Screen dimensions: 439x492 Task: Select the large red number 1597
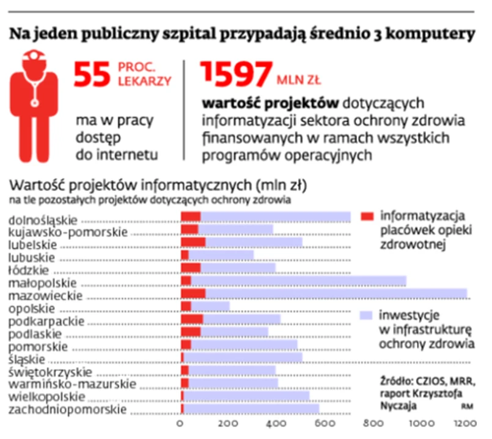pos(235,74)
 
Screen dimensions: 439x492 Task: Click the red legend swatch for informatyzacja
pos(367,217)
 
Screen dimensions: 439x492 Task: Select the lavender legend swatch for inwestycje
pos(367,316)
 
